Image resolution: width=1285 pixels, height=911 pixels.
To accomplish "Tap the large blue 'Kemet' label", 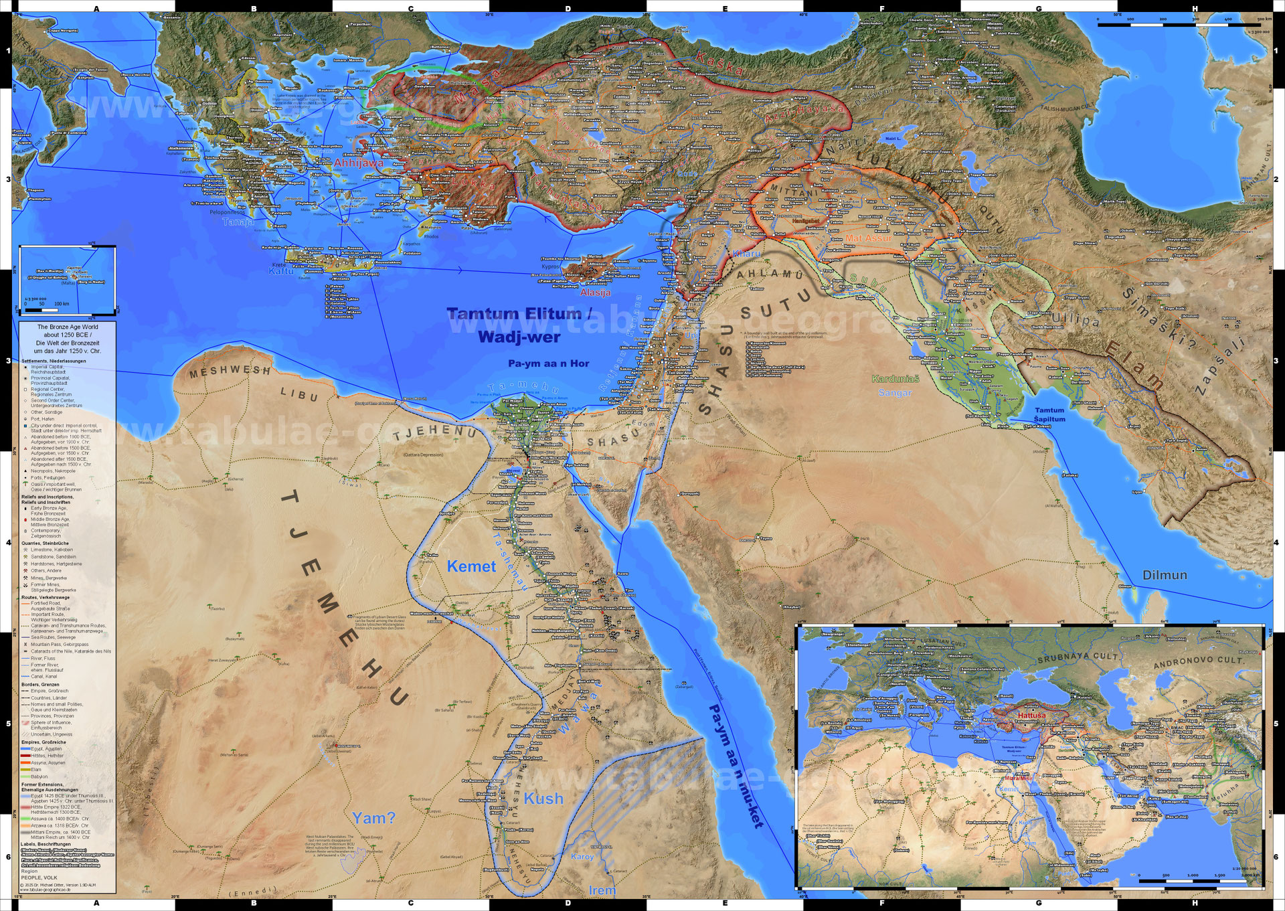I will pyautogui.click(x=471, y=566).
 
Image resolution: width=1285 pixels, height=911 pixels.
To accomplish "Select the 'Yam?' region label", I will pyautogui.click(x=373, y=818).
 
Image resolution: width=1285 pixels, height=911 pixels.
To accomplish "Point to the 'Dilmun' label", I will pyautogui.click(x=1165, y=575).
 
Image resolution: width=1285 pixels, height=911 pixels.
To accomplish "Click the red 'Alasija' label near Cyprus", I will pyautogui.click(x=595, y=293).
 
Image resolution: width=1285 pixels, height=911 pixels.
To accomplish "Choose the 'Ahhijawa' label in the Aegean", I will pyautogui.click(x=359, y=163).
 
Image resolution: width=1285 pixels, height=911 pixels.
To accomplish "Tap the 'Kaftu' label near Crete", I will pyautogui.click(x=281, y=271).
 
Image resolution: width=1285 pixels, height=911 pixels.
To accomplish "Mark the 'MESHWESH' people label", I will pyautogui.click(x=230, y=371).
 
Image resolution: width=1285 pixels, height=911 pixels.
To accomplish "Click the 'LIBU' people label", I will pyautogui.click(x=298, y=394).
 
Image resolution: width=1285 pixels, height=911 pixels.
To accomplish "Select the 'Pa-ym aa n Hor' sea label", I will pyautogui.click(x=548, y=363).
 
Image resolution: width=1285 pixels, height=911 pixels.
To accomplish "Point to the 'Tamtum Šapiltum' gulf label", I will pyautogui.click(x=1049, y=414).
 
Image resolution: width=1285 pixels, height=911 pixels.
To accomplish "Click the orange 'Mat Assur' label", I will pyautogui.click(x=868, y=238).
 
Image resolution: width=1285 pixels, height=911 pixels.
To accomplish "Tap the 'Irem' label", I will pyautogui.click(x=602, y=890).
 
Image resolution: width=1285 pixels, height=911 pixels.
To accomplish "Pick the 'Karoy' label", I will pyautogui.click(x=582, y=856).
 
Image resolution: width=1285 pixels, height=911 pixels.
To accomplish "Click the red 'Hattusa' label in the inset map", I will pyautogui.click(x=1031, y=715).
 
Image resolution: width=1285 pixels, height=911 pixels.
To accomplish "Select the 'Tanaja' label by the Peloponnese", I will pyautogui.click(x=238, y=222).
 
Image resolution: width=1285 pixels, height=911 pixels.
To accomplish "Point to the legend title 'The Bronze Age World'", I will pyautogui.click(x=67, y=327).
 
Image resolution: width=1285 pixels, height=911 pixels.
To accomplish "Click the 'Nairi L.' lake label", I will pyautogui.click(x=893, y=139).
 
